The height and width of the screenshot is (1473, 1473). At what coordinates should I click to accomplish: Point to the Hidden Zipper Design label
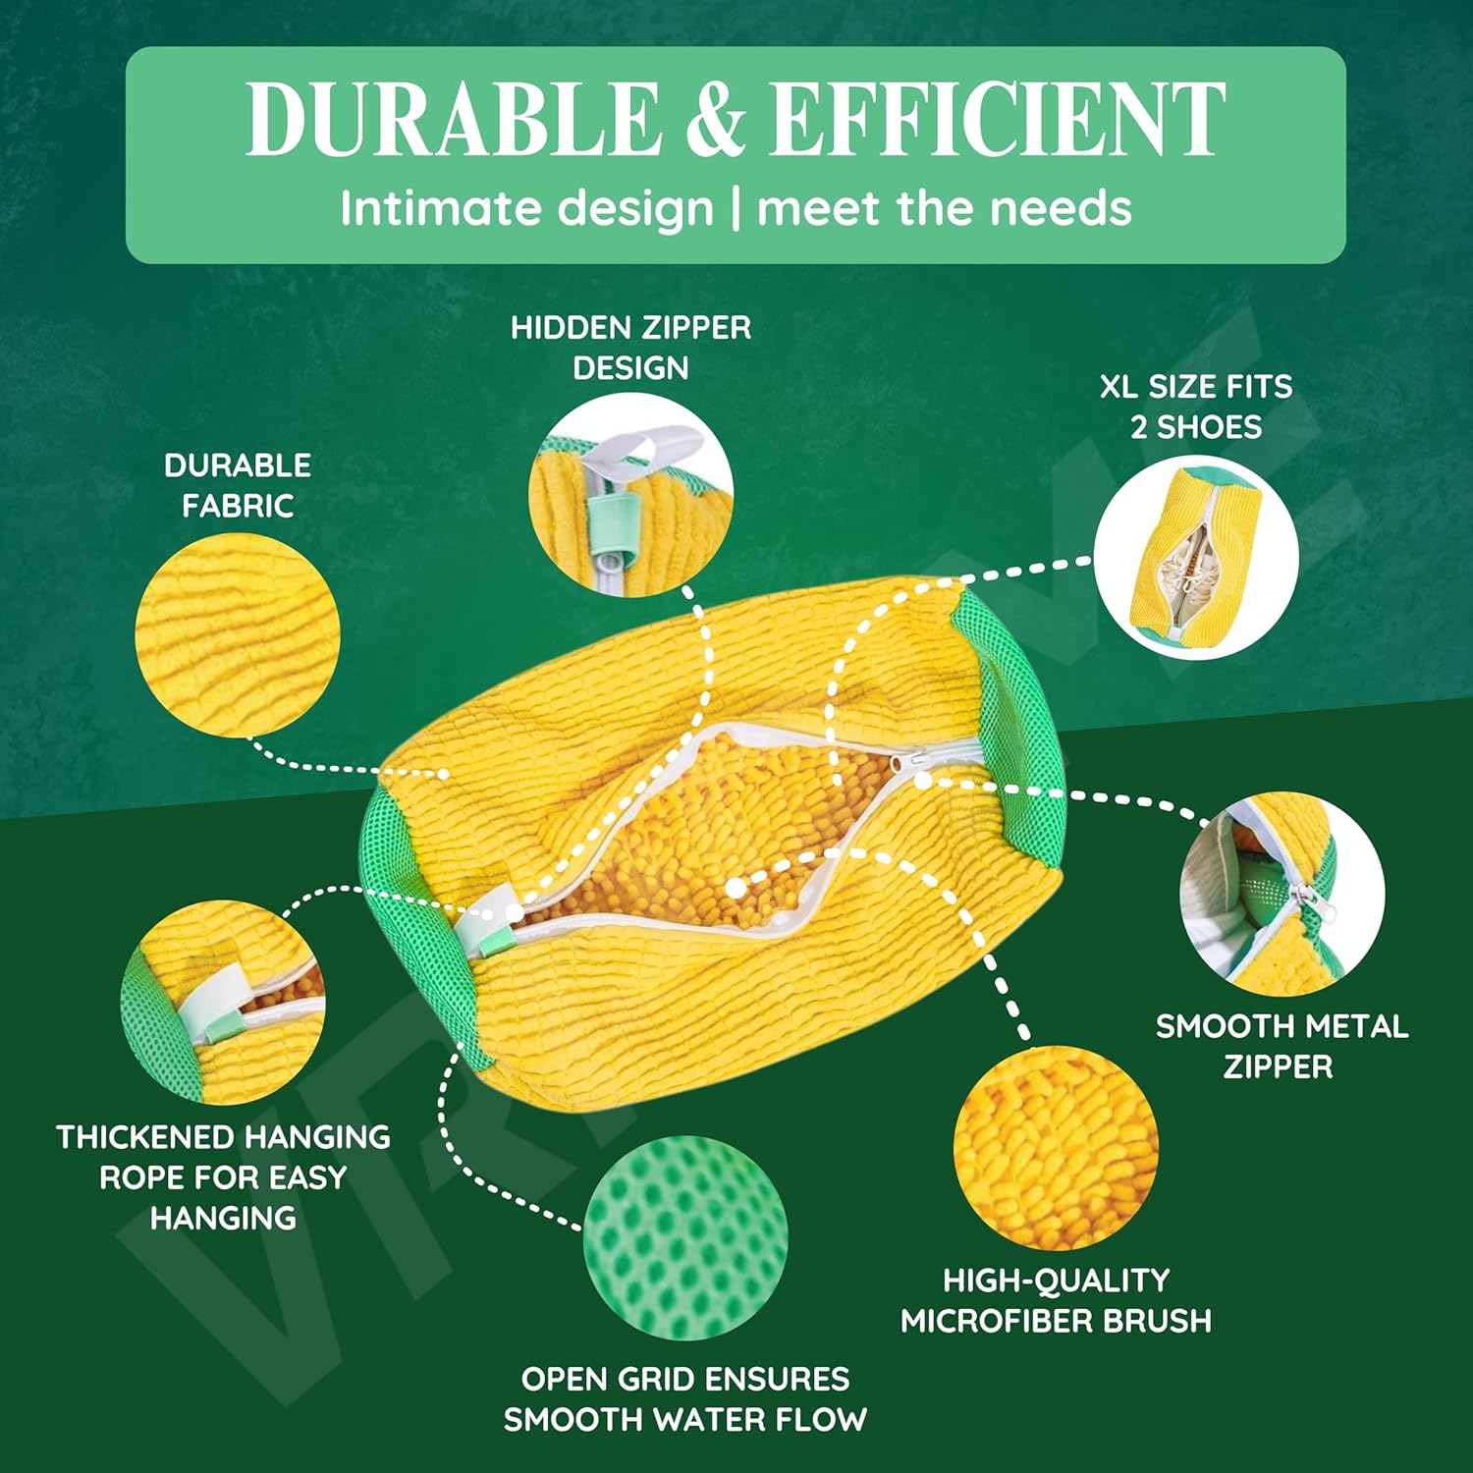(x=630, y=348)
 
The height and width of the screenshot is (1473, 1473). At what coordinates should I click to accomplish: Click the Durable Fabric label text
(x=238, y=485)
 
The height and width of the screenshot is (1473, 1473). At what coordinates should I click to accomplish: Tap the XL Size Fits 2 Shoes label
(x=1196, y=407)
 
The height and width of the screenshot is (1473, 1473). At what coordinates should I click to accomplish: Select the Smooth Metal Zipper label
(x=1281, y=1046)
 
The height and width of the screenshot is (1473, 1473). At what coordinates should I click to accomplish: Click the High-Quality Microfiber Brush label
(x=1056, y=1300)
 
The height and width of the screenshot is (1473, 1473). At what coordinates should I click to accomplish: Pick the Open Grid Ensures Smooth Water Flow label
(x=685, y=1398)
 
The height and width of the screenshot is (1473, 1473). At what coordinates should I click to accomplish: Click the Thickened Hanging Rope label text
(x=224, y=1176)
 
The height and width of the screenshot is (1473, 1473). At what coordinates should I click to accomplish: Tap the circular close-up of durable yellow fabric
(x=238, y=635)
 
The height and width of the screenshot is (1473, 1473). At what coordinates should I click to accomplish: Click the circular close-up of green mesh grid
(x=685, y=1237)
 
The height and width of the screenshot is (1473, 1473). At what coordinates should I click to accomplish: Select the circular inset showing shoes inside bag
(x=1196, y=557)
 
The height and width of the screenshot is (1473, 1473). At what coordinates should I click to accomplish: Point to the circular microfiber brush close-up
(x=1056, y=1147)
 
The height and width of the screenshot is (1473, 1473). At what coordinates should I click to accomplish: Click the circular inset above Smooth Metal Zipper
(x=1282, y=894)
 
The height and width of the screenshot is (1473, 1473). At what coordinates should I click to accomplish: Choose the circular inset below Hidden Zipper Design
(x=630, y=495)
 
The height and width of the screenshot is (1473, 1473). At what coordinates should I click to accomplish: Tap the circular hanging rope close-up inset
(x=223, y=1003)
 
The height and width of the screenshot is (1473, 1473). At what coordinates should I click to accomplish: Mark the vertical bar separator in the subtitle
(x=736, y=209)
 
